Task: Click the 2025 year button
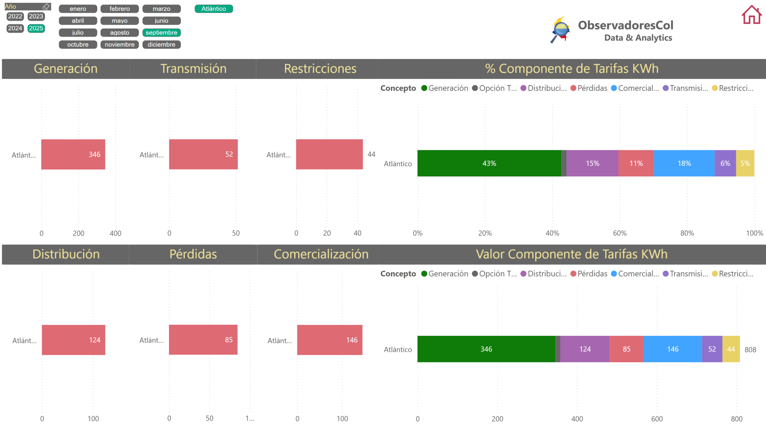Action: (x=36, y=28)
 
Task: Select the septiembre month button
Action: (x=161, y=33)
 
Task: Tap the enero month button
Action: (x=78, y=9)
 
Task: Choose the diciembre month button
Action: (x=161, y=45)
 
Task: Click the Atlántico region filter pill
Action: (x=214, y=9)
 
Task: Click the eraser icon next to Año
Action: (x=46, y=6)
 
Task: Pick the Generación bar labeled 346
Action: (x=73, y=154)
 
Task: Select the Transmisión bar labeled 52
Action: (x=203, y=154)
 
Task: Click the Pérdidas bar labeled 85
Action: (x=203, y=340)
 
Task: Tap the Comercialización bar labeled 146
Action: (x=329, y=340)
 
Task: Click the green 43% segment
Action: (x=489, y=163)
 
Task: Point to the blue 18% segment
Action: (x=684, y=163)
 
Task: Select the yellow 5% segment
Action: (x=745, y=163)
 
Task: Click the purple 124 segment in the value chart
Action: (x=585, y=349)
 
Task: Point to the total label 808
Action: (x=750, y=349)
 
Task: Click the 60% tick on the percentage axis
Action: (x=619, y=233)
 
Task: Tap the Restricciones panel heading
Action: (x=320, y=69)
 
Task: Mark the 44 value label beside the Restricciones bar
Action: (x=371, y=154)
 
